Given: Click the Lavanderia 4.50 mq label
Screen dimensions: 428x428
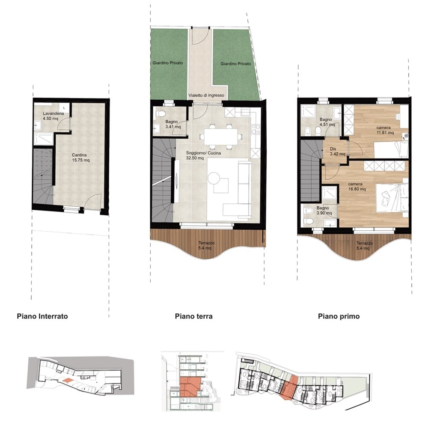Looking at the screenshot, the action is pos(53,116).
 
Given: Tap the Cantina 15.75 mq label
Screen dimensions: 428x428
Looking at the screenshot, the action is pos(80,158).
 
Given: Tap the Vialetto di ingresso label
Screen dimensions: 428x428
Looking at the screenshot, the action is pos(206,95).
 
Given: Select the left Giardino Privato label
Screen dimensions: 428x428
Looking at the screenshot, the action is pos(168,63).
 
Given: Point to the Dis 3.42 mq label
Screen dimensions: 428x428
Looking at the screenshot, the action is pos(337,152).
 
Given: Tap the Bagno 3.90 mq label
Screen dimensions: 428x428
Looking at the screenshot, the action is pos(324,211).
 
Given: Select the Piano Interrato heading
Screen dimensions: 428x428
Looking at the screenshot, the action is pos(42,316).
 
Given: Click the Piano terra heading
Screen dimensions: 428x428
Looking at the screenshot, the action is pos(194,316).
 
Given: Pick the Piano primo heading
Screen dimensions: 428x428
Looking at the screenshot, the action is pos(339,316).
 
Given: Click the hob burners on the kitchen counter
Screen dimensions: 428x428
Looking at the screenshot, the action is pos(256,129).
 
